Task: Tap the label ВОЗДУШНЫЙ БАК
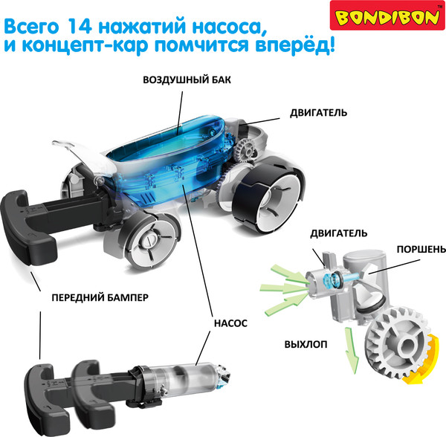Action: (182, 80)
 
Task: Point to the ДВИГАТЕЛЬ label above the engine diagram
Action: (339, 233)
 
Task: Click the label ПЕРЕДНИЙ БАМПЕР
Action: (100, 298)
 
